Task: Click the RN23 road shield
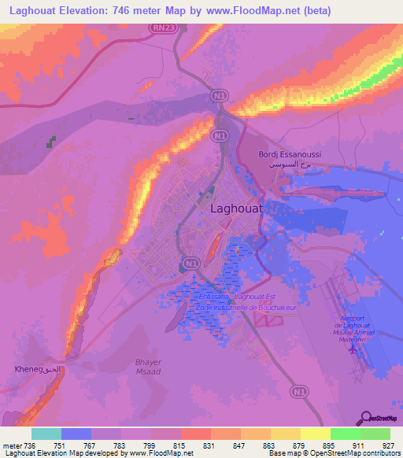162,27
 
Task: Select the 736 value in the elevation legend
28,445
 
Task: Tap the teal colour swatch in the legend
46,434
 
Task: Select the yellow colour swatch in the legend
316,434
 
